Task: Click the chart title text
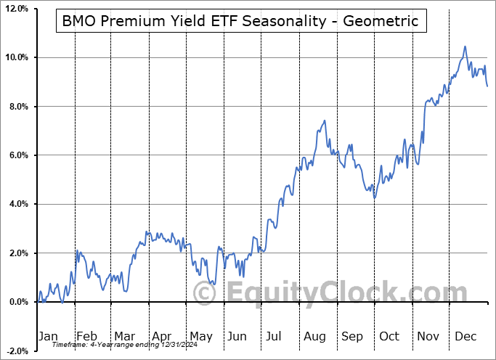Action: pos(240,21)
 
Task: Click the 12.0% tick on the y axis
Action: pos(16,9)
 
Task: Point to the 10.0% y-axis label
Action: pos(16,57)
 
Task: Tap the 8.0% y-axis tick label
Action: pos(18,107)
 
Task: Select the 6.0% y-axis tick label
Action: pos(18,155)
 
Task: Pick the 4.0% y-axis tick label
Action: pos(18,204)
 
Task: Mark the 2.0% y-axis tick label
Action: pos(18,253)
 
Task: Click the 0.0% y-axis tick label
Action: pos(18,302)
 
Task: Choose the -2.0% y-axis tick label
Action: pos(17,351)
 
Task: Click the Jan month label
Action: pos(48,336)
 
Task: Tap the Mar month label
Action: pos(124,336)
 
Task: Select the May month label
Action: pos(200,336)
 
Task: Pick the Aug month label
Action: pos(315,336)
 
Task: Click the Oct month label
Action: pos(390,336)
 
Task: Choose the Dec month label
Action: pos(466,336)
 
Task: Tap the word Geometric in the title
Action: pos(382,21)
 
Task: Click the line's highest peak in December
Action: pos(465,47)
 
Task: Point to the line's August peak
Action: pos(325,120)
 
